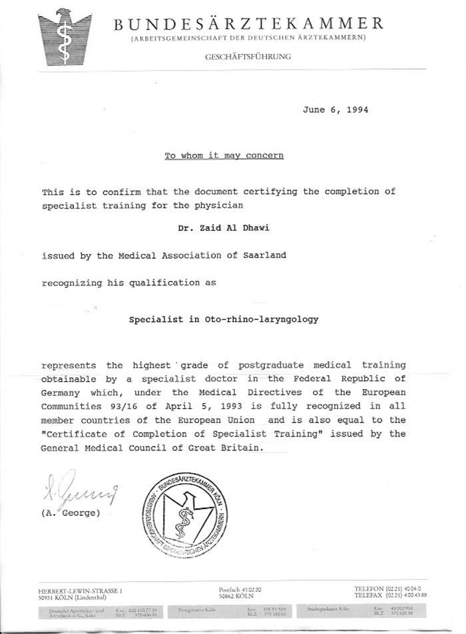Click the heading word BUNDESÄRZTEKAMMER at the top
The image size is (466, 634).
click(x=248, y=24)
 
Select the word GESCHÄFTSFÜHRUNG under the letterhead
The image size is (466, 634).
click(x=248, y=57)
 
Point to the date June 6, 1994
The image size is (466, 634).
click(x=335, y=110)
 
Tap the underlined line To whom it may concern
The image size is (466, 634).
click(x=224, y=156)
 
